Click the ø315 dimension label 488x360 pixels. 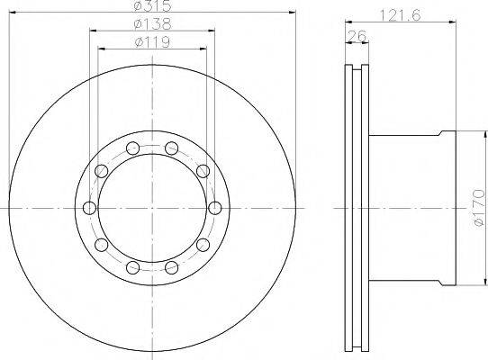[152, 4]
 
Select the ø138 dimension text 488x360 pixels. [152, 24]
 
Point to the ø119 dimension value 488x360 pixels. [152, 41]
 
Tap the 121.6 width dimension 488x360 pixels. [401, 15]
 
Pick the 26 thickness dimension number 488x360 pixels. [357, 36]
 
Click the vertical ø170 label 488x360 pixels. [479, 208]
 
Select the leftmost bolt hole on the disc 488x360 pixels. [90, 208]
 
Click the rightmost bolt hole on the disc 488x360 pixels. [215, 208]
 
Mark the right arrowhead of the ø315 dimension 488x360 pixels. [293, 12]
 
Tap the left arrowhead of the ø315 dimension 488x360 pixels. [12, 12]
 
